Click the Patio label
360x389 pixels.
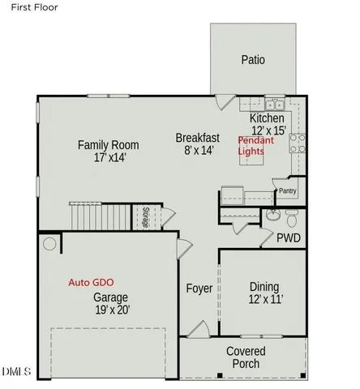coord(253,60)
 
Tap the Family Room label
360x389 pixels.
coord(108,145)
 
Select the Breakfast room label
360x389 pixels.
coord(198,138)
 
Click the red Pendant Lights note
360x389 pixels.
coord(255,147)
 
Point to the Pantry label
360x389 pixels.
coord(287,191)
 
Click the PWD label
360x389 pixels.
coord(289,238)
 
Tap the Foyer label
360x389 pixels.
coord(199,289)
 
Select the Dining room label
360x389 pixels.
coord(264,287)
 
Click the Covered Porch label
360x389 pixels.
coord(243,357)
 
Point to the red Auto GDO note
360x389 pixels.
coord(92,284)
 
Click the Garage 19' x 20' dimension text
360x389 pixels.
coord(111,310)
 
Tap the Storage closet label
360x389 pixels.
coord(145,218)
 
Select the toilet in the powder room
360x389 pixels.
coord(292,217)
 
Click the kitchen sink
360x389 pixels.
coord(272,105)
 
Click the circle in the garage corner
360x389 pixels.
coord(49,243)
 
